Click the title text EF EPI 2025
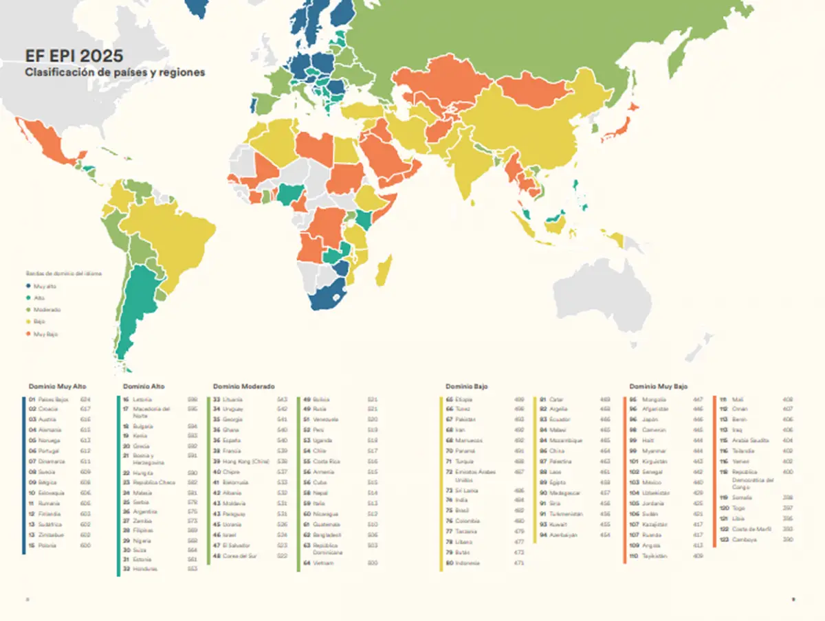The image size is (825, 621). (x=74, y=56)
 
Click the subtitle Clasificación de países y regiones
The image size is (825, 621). (x=114, y=72)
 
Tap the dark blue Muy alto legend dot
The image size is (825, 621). (x=29, y=285)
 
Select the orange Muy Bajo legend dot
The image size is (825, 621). (x=29, y=333)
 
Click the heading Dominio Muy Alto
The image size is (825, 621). (x=57, y=387)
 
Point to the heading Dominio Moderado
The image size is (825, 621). (x=243, y=387)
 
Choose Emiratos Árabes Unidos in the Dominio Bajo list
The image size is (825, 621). (x=476, y=475)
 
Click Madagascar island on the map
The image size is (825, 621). (x=384, y=271)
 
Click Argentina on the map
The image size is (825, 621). (x=137, y=302)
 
